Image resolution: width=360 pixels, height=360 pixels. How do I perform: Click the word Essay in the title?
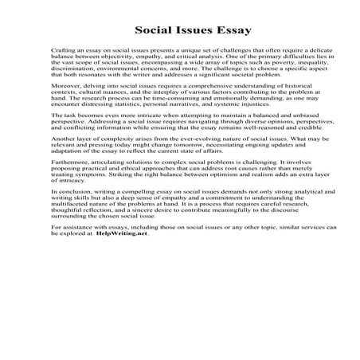(x=232, y=31)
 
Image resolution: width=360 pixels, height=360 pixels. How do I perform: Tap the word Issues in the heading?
(x=188, y=31)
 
